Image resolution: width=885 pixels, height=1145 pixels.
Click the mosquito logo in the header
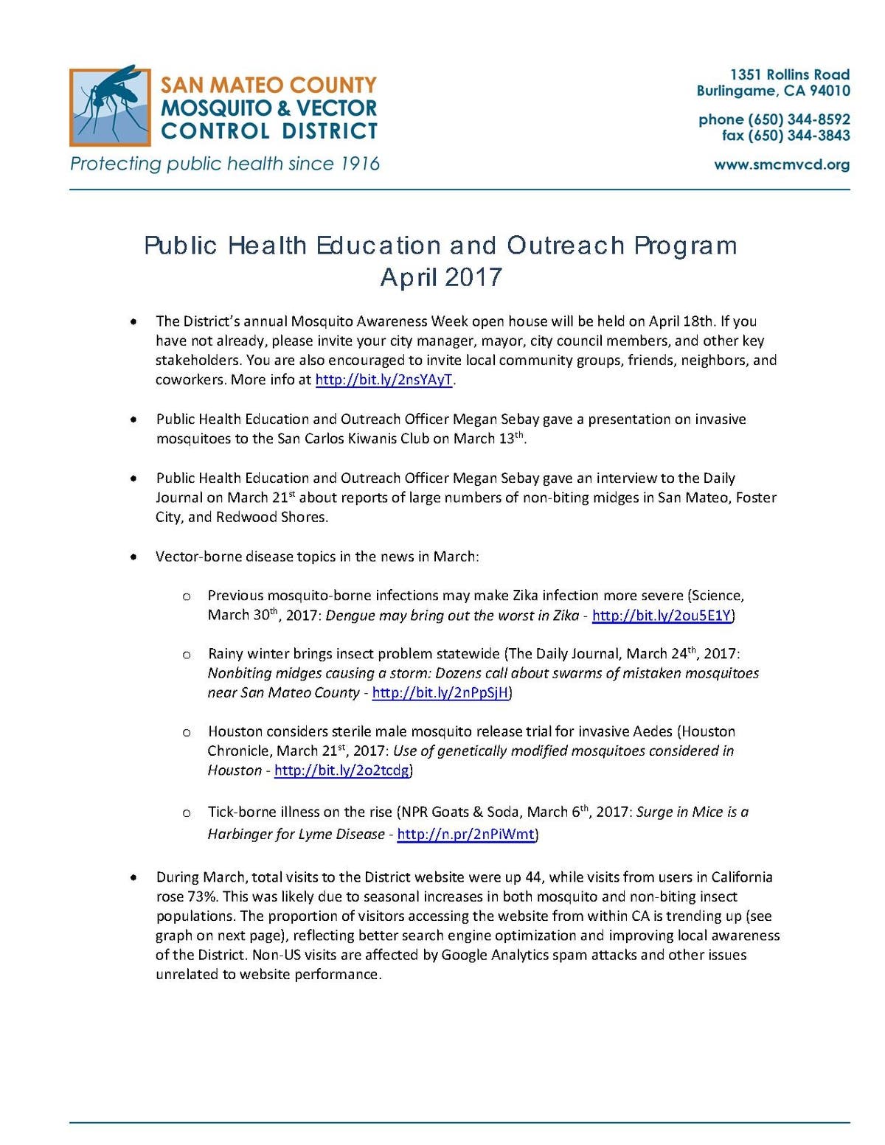(110, 107)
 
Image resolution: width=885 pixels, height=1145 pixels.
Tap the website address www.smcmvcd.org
(781, 164)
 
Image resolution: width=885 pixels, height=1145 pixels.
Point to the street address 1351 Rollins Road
(789, 74)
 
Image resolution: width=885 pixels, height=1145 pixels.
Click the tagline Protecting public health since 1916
(225, 164)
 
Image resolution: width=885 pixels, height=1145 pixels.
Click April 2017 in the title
(441, 277)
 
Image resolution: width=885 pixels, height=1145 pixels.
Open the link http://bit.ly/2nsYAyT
(383, 380)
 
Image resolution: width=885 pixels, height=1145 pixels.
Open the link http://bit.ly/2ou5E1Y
(661, 615)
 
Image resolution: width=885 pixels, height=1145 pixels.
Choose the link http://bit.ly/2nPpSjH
(440, 693)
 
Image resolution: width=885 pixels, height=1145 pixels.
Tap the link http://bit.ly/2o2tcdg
(341, 770)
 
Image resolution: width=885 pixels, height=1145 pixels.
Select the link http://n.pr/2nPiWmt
(465, 835)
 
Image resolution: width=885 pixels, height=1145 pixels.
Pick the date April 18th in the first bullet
(681, 321)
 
